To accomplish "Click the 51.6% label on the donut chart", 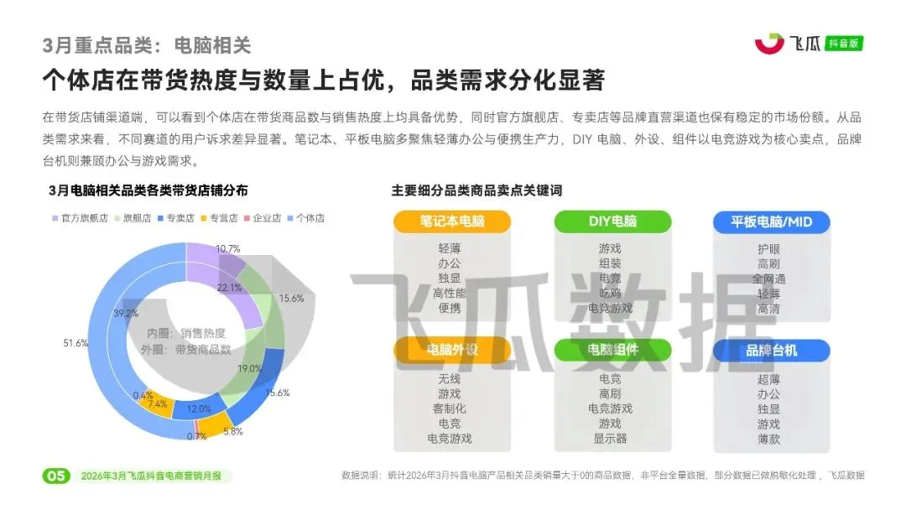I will coord(75,343).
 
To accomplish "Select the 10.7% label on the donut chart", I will coord(227,249).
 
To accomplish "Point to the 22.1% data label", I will coord(229,288).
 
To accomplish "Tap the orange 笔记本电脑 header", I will coord(451,221).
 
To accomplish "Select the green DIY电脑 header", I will coord(612,221).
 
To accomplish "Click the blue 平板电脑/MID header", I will coord(771,221).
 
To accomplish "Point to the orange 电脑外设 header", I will coord(451,350).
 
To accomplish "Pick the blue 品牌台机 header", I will coord(771,350).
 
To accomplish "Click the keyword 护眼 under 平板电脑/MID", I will coord(768,248).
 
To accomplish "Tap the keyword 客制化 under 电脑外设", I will coord(450,409).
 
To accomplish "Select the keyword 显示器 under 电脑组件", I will coord(610,438).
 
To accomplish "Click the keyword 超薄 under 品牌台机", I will coord(768,379).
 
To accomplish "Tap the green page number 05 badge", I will coord(55,476).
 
